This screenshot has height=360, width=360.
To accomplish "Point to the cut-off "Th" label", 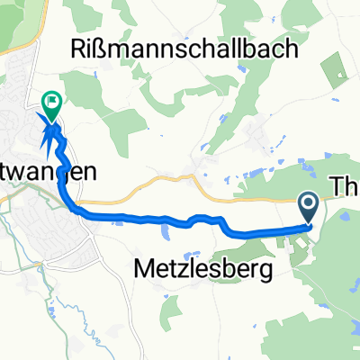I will pos(346,185).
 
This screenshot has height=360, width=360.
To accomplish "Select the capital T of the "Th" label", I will pos(339,185).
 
